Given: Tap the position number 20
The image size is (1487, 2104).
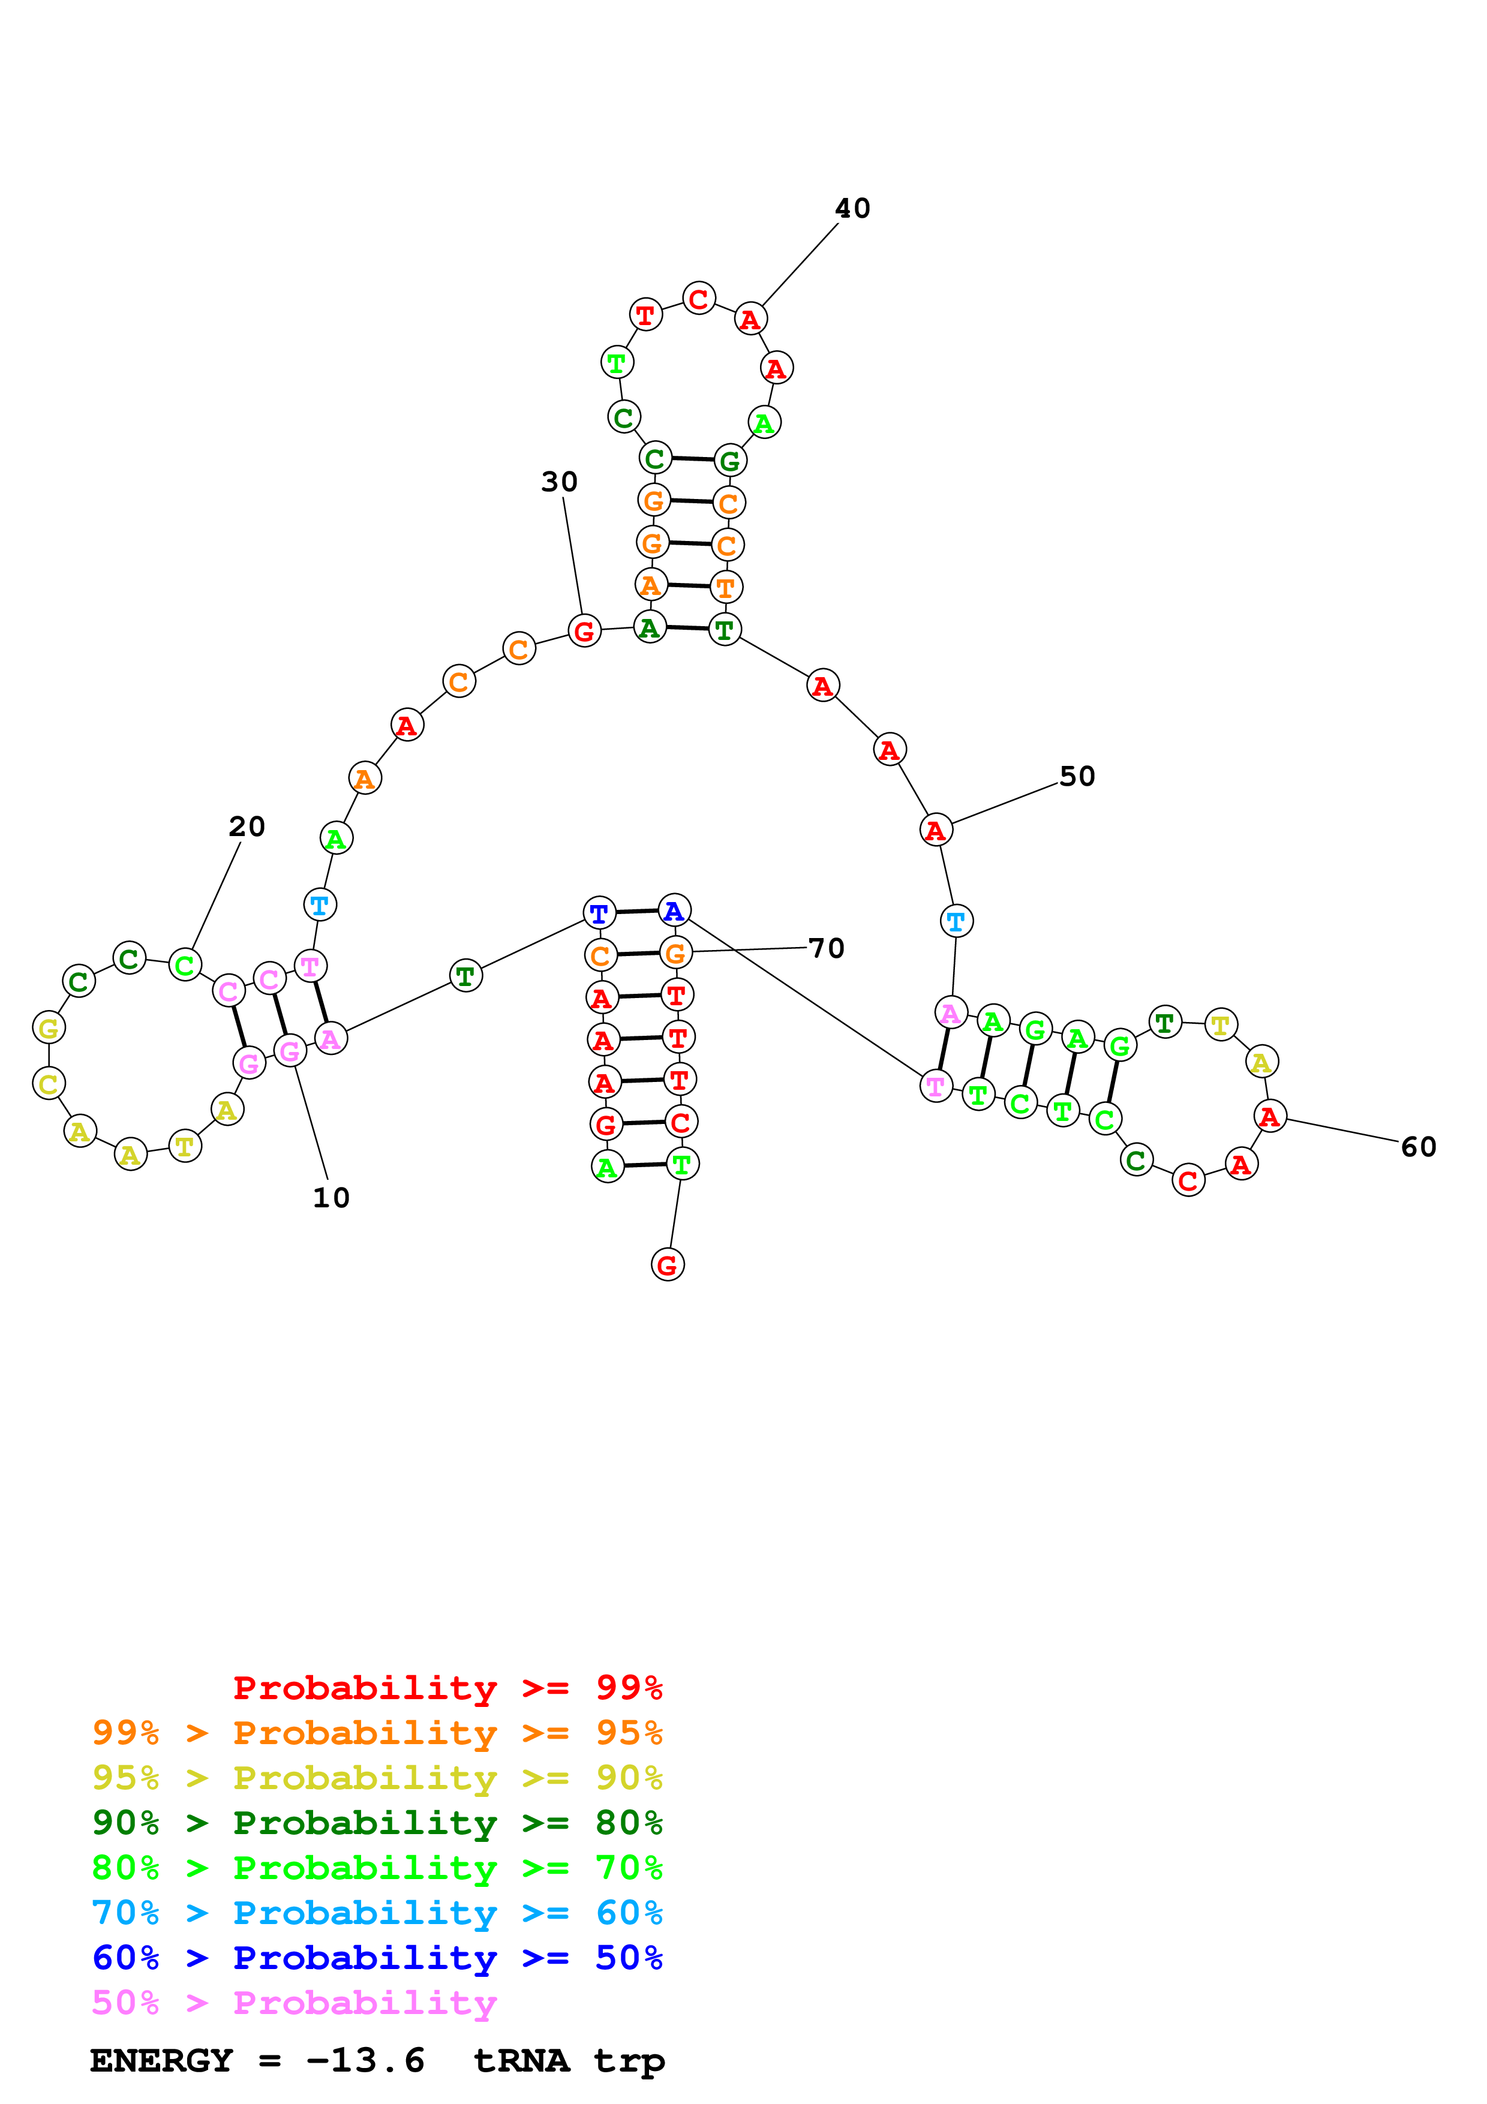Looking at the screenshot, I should point(247,826).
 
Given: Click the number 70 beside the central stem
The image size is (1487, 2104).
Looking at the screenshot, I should point(827,948).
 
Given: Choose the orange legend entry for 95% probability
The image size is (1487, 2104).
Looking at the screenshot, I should point(377,1732).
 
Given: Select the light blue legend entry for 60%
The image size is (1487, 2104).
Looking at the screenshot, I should point(377,1913).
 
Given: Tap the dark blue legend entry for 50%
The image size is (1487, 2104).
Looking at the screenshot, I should point(377,1958).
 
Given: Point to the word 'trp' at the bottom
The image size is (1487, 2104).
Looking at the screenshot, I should point(629,2061).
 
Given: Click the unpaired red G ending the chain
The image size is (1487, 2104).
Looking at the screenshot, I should point(667,1266).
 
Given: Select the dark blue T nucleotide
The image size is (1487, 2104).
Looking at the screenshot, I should point(599,913).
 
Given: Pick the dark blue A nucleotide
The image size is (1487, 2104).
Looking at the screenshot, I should point(674,911).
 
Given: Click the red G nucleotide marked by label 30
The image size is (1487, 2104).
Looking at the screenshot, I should point(584,632).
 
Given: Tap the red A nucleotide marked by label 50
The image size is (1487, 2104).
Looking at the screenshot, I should point(935,830).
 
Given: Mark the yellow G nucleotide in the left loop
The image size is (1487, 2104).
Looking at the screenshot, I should point(49,1028).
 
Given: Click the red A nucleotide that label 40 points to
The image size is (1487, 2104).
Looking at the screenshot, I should point(750,320).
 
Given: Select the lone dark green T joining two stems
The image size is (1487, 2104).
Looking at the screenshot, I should point(465,977).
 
